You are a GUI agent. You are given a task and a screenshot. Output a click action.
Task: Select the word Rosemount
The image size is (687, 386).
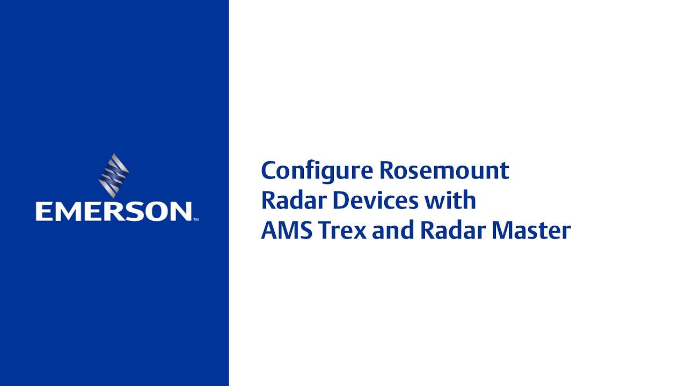[444, 170]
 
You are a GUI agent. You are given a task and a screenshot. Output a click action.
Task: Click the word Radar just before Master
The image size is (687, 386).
[452, 231]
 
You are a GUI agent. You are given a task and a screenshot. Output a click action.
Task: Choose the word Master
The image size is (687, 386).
[531, 231]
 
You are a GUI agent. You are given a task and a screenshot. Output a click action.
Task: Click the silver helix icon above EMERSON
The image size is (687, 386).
[114, 175]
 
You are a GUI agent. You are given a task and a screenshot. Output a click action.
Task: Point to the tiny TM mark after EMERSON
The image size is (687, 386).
[196, 219]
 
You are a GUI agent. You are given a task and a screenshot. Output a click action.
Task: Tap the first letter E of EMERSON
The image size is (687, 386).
[43, 211]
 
